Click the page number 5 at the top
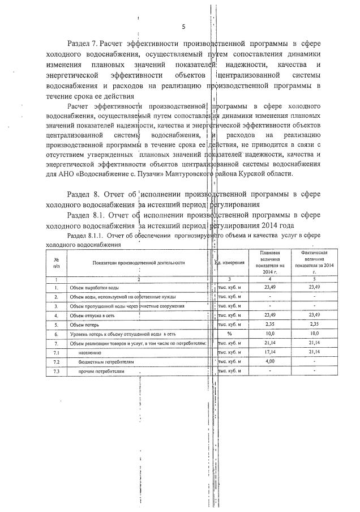pos(183,27)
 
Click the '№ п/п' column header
pos(56,262)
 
